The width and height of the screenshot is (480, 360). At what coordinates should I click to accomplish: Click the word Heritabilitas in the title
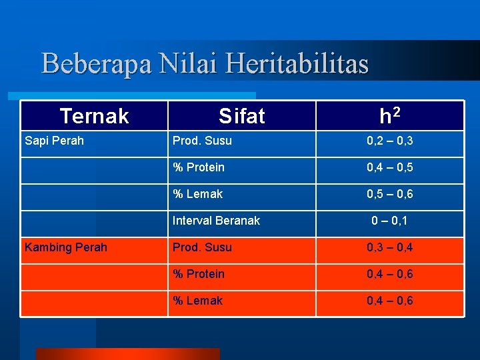297,64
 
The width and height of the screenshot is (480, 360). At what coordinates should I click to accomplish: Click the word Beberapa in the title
96,64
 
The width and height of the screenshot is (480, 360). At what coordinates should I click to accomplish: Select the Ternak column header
94,116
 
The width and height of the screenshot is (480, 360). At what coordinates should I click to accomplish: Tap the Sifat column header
241,116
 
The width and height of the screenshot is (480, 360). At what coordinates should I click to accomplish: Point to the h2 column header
389,116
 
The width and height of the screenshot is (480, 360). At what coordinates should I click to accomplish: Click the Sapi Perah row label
54,141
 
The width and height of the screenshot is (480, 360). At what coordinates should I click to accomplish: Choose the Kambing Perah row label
65,247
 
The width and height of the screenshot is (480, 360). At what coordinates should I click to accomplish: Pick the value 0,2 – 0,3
389,141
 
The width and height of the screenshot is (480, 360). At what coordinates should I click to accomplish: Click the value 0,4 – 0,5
389,167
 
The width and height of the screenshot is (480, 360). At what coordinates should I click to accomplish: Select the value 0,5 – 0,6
389,194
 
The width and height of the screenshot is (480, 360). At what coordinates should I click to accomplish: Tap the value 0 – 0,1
389,221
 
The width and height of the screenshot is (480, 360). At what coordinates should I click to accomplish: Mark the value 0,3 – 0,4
389,247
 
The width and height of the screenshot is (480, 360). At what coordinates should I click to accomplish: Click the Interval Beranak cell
216,221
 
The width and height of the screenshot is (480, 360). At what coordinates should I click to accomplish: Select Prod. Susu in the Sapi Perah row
202,141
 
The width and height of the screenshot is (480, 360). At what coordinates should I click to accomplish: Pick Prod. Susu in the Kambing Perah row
202,247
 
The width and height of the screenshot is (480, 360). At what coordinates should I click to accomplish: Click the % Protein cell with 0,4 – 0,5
199,167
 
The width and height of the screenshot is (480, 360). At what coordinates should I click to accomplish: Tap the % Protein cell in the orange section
199,274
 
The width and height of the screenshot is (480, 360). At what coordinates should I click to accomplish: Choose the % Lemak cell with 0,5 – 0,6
197,194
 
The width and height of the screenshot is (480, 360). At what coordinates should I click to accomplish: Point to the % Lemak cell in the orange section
197,301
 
